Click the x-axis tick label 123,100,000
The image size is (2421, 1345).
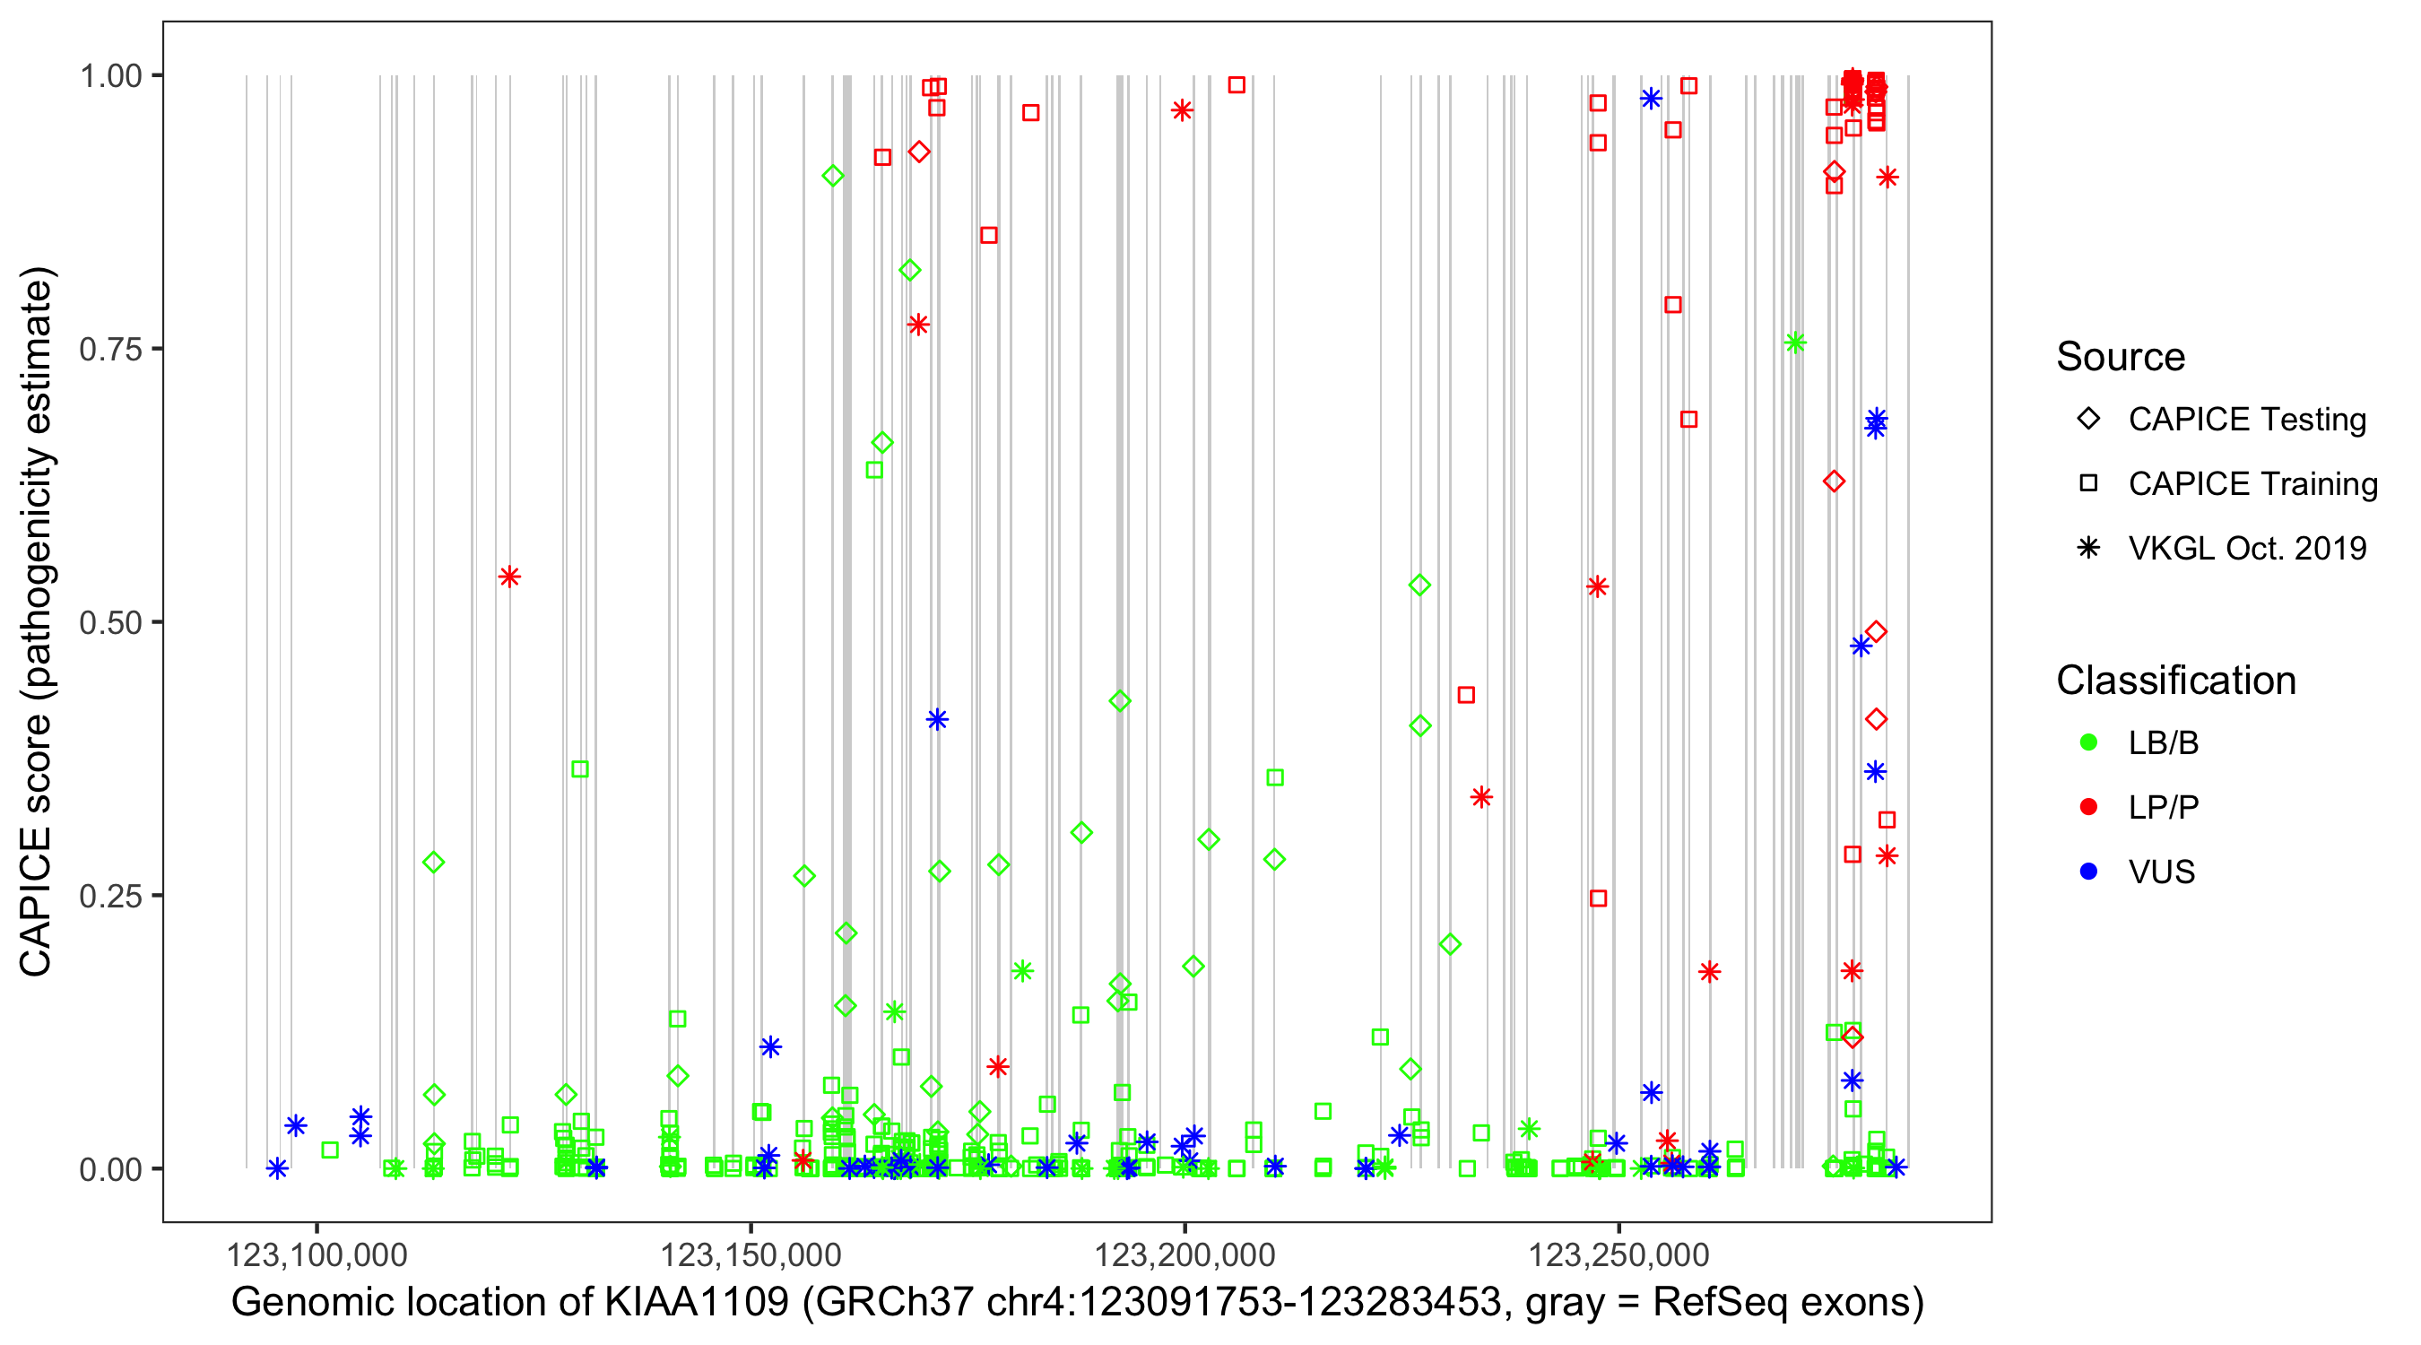click(x=317, y=1255)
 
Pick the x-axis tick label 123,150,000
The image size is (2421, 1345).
click(x=750, y=1255)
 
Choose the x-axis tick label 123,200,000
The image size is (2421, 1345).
click(x=1184, y=1255)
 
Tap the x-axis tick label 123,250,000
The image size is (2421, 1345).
click(x=1618, y=1255)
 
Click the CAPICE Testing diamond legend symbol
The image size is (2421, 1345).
click(x=2088, y=420)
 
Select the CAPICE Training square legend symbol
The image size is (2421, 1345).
click(x=2088, y=484)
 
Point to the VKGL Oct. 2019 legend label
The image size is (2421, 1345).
click(x=2247, y=549)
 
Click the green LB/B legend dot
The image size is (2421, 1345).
click(x=2088, y=743)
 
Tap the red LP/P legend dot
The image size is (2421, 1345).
click(x=2088, y=807)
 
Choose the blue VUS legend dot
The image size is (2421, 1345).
click(x=2088, y=872)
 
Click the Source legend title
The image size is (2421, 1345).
click(x=2121, y=357)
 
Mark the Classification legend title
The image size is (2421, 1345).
click(x=2175, y=681)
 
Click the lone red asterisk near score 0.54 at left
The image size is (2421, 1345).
click(x=509, y=577)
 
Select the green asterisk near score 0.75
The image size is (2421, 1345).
click(x=1795, y=343)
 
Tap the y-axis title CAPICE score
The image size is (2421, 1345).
click(x=38, y=846)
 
